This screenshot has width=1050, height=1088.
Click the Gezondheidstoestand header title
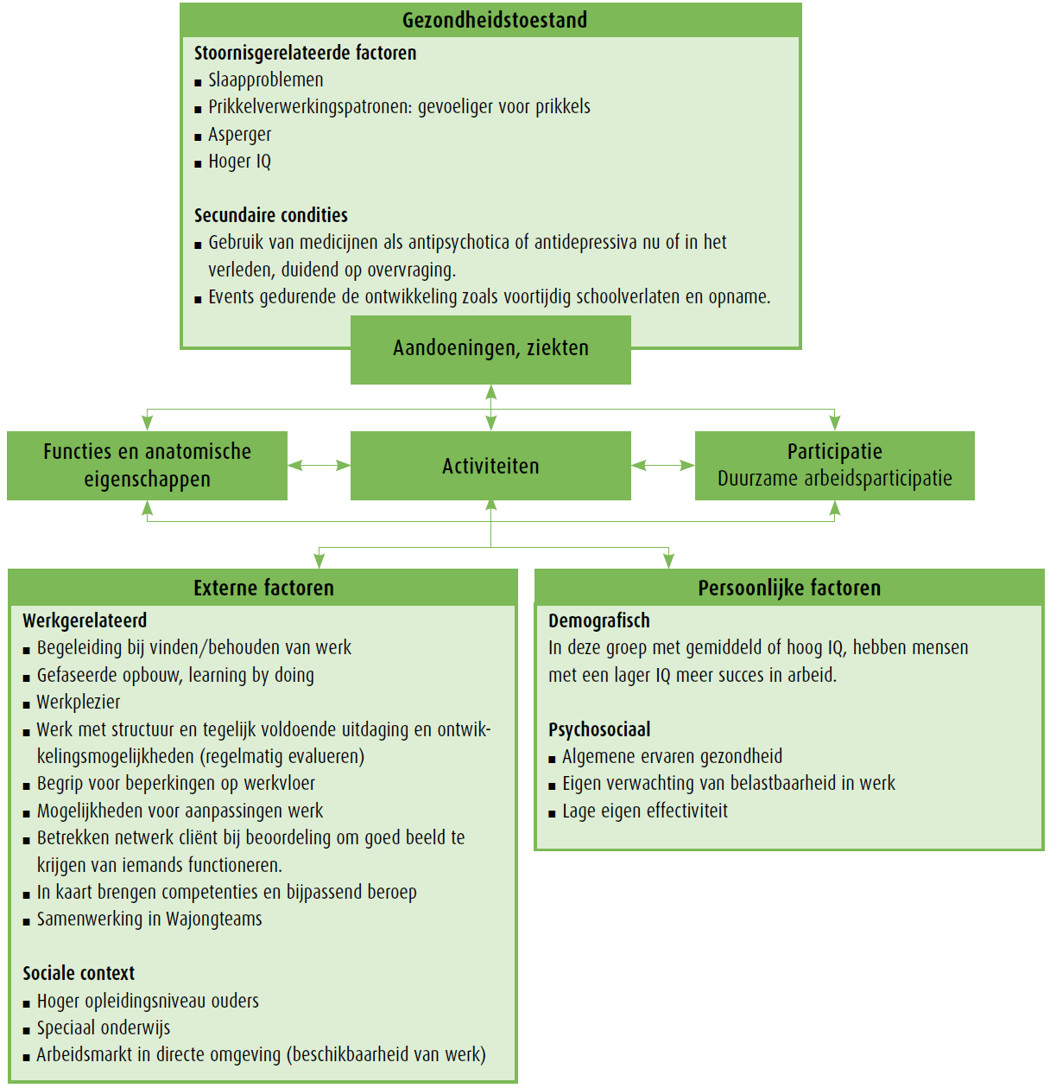[x=494, y=20]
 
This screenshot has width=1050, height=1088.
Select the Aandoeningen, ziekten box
[x=490, y=348]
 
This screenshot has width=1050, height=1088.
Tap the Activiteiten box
[x=490, y=466]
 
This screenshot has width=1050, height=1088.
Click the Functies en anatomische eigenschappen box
[x=147, y=466]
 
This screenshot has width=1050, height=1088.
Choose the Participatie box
[x=834, y=466]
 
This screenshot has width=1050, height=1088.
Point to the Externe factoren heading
[x=263, y=588]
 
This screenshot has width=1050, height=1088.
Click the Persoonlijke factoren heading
[x=789, y=588]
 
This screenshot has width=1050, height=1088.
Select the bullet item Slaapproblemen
[x=265, y=80]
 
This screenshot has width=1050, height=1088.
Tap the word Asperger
[x=239, y=135]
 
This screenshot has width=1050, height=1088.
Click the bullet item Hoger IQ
[x=239, y=162]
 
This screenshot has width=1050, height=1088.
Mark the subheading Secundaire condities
[x=270, y=215]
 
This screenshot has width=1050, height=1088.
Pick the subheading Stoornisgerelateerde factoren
[x=305, y=53]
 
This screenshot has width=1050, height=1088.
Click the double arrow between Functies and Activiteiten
[x=319, y=466]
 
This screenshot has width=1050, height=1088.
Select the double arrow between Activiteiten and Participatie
[x=662, y=466]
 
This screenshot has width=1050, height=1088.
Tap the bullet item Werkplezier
[x=78, y=702]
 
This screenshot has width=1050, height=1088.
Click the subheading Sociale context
[x=79, y=973]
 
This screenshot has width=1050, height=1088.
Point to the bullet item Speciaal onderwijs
[x=103, y=1028]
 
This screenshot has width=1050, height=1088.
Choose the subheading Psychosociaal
[x=599, y=729]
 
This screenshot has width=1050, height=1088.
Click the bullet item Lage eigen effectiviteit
[x=644, y=811]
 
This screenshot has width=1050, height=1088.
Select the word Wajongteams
[x=213, y=919]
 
